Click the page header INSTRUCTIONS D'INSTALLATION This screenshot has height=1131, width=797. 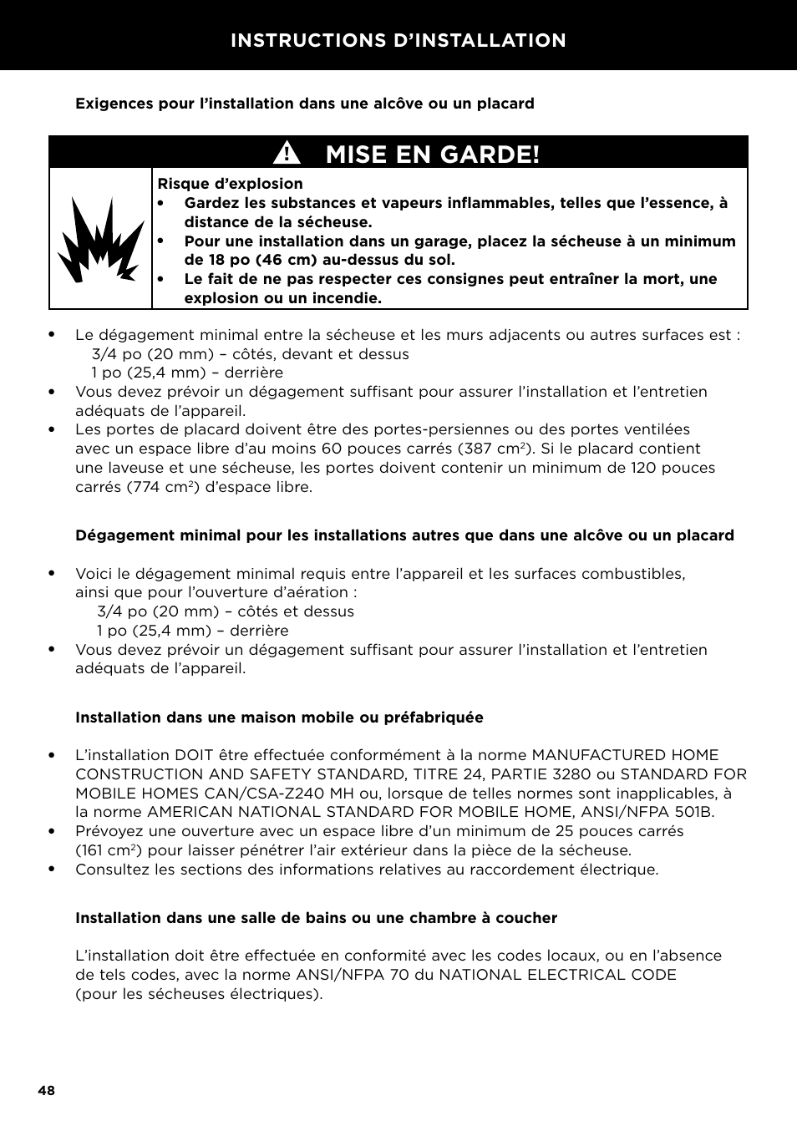(398, 40)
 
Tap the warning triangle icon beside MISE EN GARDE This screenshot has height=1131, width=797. (289, 154)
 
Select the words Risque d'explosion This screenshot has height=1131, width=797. (230, 184)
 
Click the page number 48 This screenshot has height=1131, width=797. (46, 1091)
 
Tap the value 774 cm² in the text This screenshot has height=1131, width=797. (162, 487)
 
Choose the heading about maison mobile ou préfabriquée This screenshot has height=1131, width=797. (279, 718)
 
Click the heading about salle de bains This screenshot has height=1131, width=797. (316, 918)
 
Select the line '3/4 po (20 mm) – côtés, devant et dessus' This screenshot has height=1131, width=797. (250, 354)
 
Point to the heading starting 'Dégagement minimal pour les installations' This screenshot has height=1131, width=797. (404, 535)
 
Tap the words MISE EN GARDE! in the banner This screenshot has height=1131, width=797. (433, 154)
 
